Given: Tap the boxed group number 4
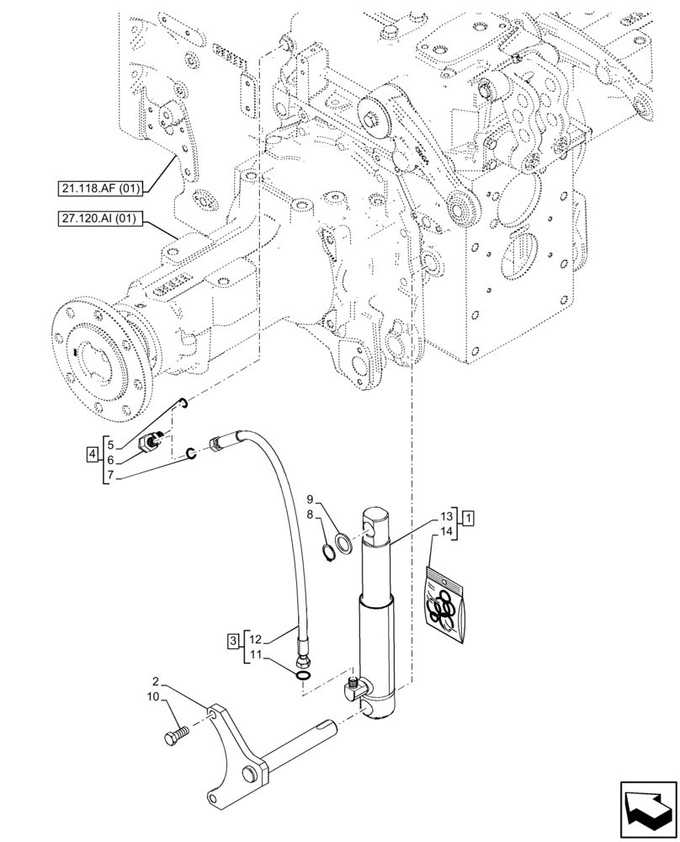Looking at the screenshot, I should (91, 456).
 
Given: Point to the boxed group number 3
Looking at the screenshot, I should (231, 642).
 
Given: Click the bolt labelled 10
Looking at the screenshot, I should (173, 737).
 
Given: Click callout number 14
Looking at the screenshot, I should (447, 531).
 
